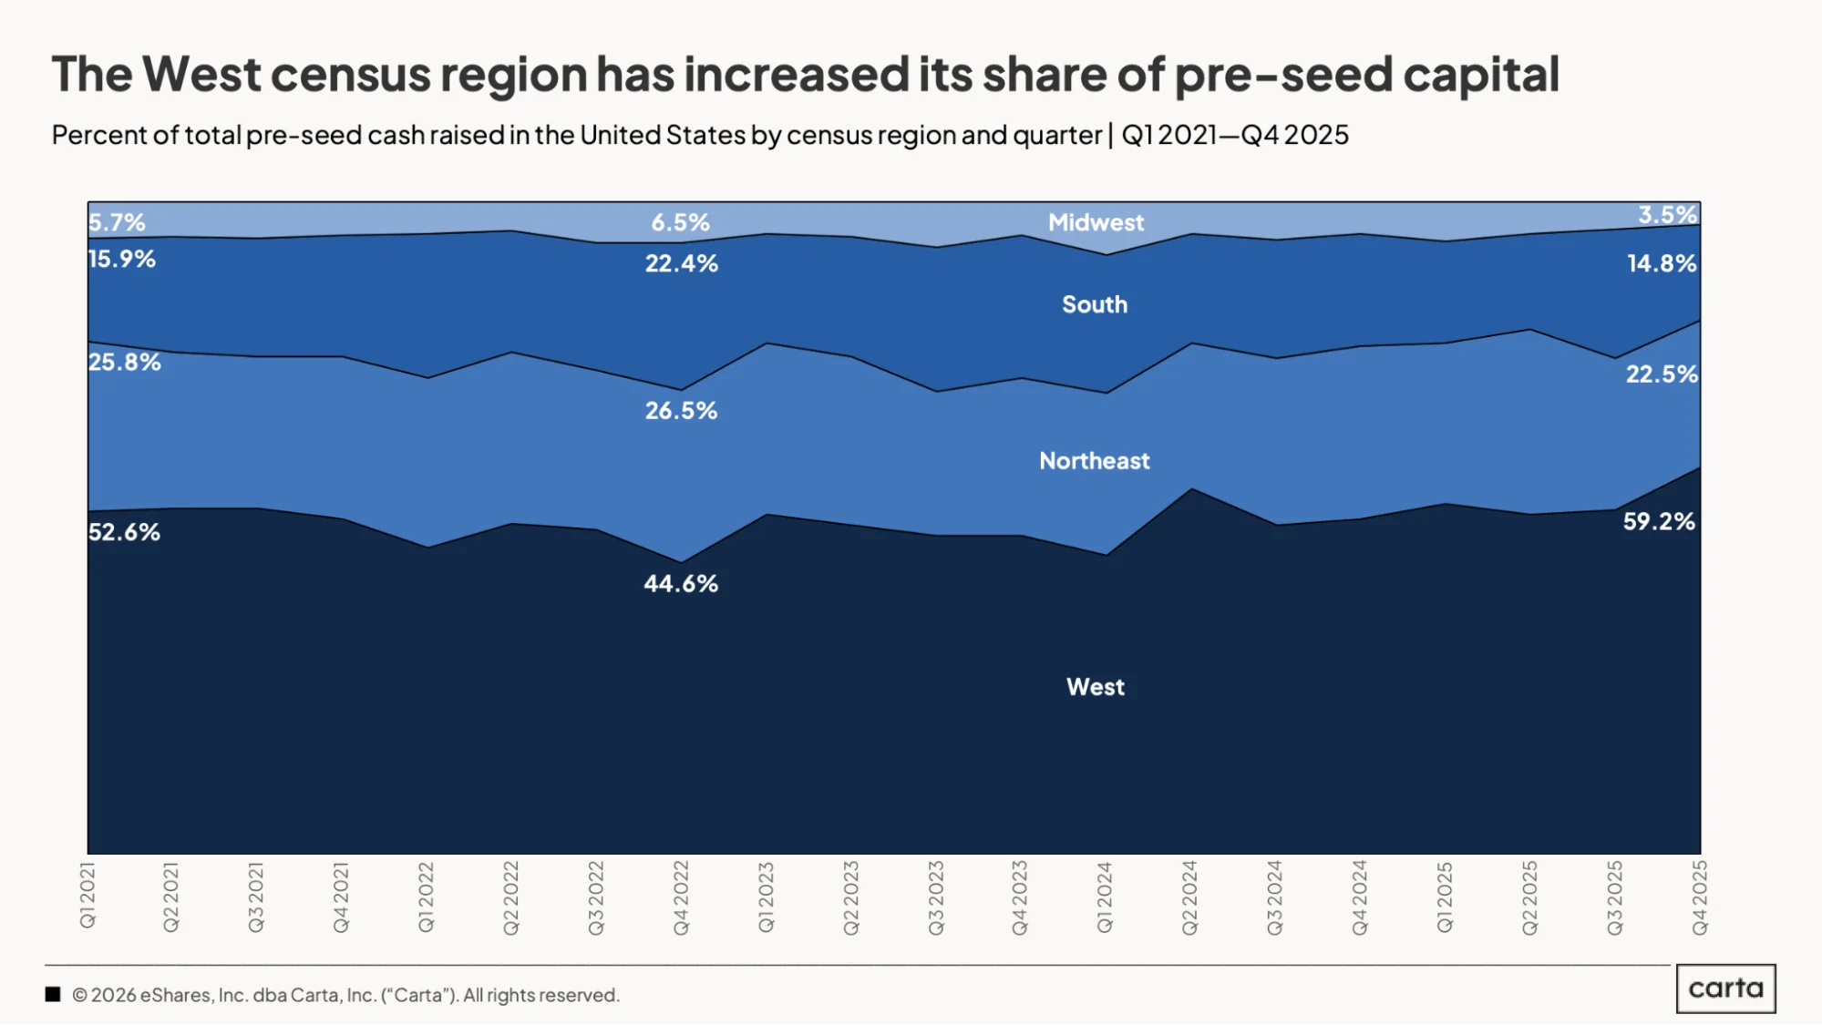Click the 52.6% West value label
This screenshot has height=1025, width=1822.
124,532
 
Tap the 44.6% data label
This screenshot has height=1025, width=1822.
681,584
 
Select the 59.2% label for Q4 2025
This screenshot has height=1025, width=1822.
1659,522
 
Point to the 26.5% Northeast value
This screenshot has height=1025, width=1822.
681,411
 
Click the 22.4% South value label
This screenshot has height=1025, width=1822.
682,264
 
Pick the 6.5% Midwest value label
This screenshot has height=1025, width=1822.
680,222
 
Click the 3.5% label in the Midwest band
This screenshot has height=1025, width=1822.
1668,215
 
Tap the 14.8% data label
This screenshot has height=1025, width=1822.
1662,264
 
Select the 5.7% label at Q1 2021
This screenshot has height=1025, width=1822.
117,222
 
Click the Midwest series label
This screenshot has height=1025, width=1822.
1096,223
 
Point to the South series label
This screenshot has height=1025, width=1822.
1095,305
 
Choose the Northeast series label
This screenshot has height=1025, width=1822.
1095,461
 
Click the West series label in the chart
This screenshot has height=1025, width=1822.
1096,687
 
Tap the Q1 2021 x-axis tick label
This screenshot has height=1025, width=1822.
87,896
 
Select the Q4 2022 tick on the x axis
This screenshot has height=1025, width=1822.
681,897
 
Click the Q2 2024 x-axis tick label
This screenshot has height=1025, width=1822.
1189,897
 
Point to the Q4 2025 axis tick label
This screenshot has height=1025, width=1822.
1700,897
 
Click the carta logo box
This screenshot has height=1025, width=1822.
1725,989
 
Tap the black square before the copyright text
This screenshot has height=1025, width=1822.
53,995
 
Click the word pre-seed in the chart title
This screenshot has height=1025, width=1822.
1283,76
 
